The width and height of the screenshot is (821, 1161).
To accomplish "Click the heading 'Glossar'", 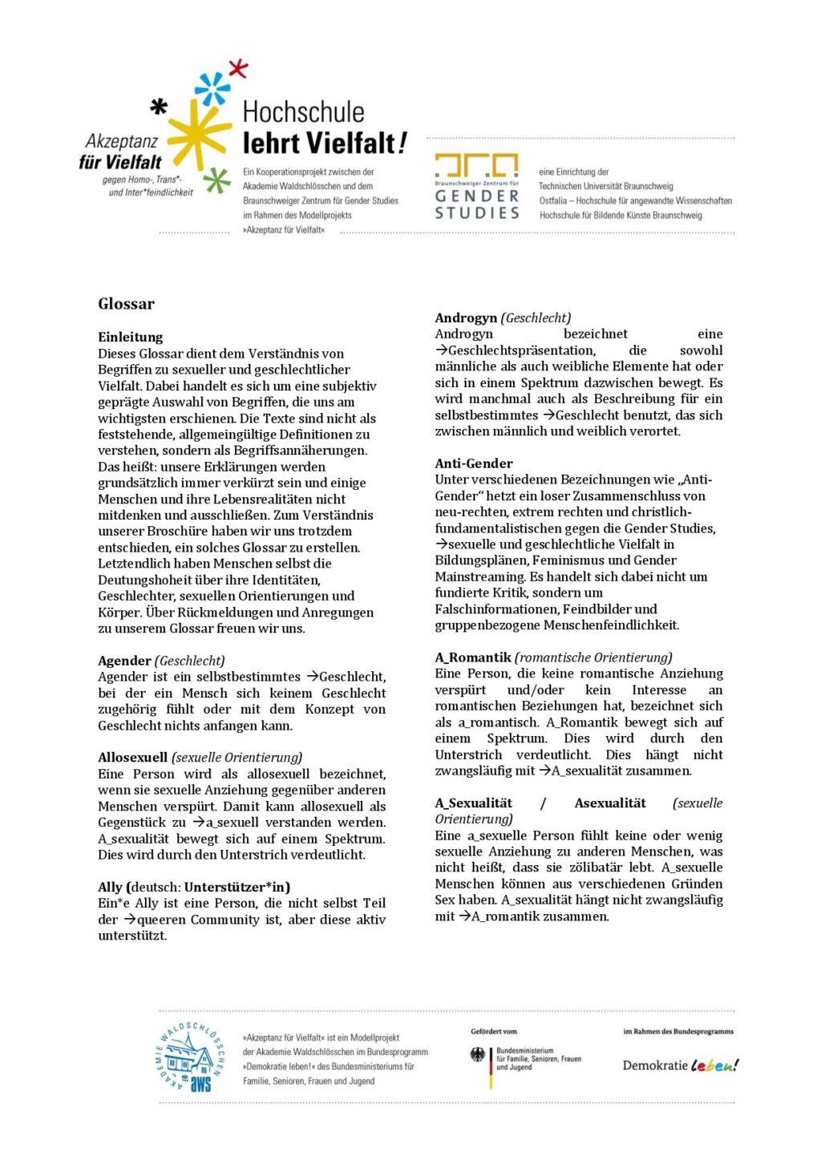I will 126,304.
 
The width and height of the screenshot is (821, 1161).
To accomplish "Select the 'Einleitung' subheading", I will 130,337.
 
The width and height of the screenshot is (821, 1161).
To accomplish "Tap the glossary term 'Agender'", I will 124,661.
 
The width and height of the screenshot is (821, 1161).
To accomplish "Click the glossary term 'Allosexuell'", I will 132,757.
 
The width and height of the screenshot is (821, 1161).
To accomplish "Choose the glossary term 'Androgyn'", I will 466,318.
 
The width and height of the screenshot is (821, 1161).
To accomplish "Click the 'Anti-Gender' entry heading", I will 473,463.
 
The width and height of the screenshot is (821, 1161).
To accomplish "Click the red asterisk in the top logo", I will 238,69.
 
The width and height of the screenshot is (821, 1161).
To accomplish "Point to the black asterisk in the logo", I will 160,106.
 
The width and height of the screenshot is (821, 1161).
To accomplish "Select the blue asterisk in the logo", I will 212,87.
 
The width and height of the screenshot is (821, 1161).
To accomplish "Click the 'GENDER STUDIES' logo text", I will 477,204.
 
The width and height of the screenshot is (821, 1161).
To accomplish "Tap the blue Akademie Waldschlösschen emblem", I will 188,1058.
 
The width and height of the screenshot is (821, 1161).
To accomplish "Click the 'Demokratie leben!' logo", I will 680,1065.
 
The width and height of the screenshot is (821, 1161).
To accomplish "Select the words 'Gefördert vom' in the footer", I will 494,1031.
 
